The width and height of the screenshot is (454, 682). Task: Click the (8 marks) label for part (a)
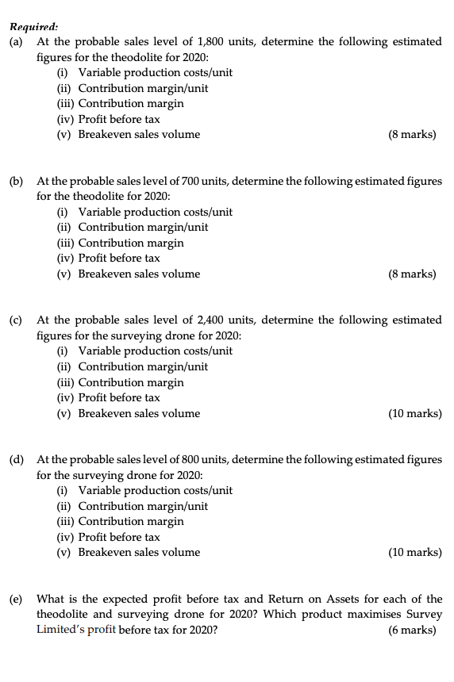point(412,134)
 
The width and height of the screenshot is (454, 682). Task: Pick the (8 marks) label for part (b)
point(412,274)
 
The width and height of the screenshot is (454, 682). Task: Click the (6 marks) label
point(412,630)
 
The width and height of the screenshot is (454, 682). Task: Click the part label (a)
point(16,41)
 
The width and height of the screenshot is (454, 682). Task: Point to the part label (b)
point(16,181)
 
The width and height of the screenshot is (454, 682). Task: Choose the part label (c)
point(16,320)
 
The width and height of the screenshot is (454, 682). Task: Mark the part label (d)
point(16,459)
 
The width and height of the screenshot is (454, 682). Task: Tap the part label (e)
point(16,599)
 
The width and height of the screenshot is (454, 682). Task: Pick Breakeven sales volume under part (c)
point(139,413)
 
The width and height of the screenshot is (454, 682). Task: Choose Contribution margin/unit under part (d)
point(143,506)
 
